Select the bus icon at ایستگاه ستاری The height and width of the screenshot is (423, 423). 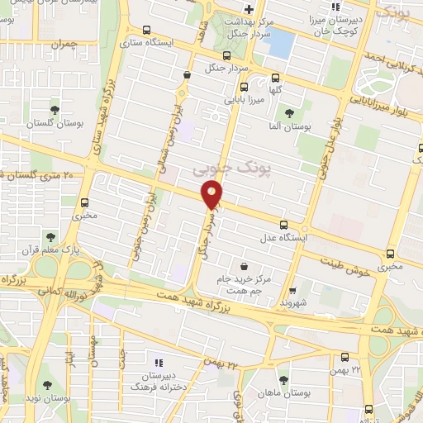[x=146, y=31]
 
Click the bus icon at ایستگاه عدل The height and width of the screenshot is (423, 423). [x=283, y=225]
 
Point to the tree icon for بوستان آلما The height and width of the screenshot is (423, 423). [x=288, y=113]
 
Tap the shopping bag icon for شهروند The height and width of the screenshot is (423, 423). [x=292, y=292]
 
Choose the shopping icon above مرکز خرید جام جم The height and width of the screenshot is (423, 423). [x=244, y=265]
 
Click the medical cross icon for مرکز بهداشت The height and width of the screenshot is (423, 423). [x=248, y=8]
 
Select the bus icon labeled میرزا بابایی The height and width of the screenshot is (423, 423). [x=243, y=86]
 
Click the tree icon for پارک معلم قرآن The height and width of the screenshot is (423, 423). [x=52, y=213]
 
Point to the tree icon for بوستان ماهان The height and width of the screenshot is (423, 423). [x=283, y=380]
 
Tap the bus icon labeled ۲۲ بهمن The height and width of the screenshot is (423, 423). [x=345, y=358]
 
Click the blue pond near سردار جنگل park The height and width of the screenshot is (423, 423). [x=279, y=42]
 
